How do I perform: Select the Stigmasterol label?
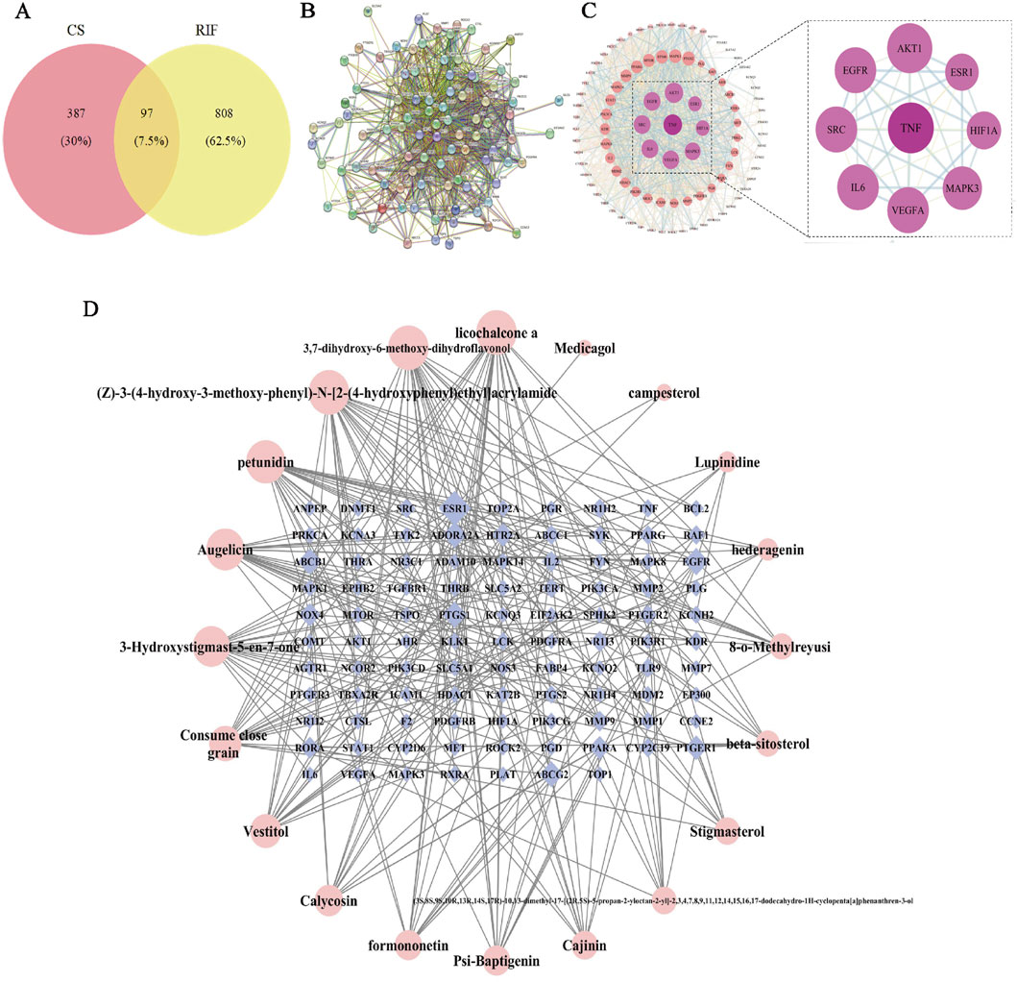pyautogui.click(x=727, y=832)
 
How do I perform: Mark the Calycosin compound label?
pyautogui.click(x=330, y=900)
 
